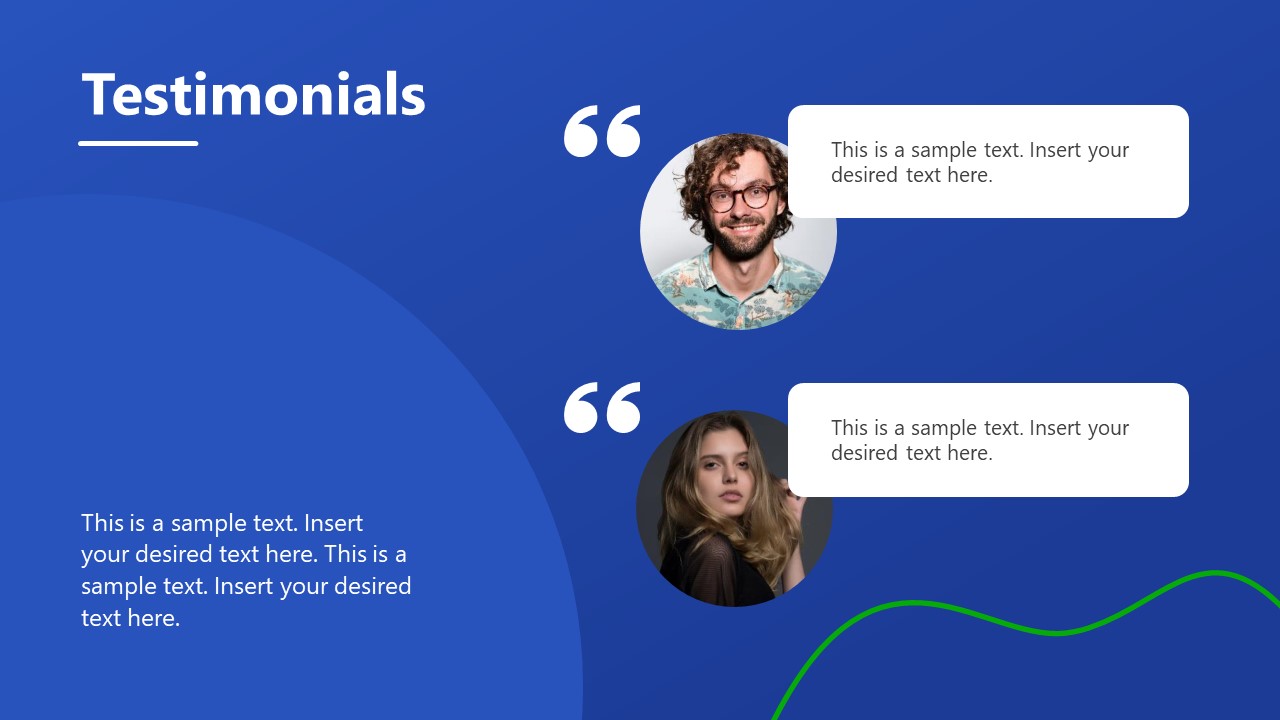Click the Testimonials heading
coord(253,95)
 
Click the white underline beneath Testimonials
coord(138,143)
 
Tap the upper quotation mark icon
coord(602,132)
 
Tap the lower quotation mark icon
coord(602,408)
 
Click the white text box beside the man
coord(988,161)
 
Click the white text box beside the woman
coord(988,439)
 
